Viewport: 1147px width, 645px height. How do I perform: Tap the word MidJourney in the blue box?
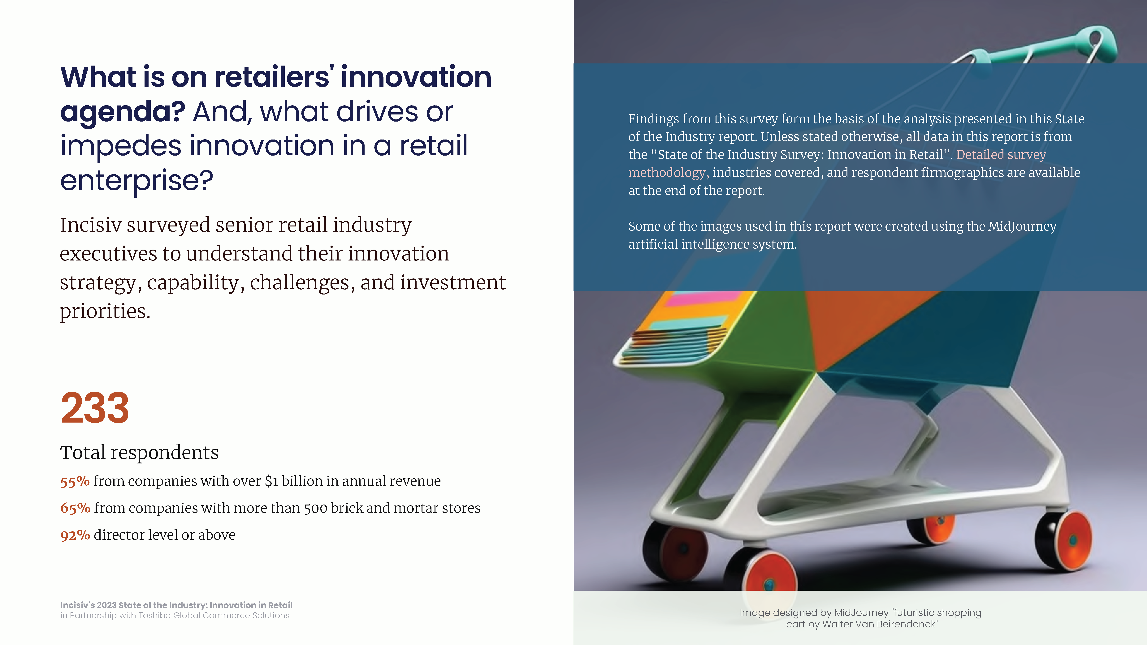point(1022,226)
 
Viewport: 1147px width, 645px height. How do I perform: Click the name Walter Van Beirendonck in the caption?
point(879,624)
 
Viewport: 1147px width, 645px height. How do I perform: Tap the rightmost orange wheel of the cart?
point(1071,540)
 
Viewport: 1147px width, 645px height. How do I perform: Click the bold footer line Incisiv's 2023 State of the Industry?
point(176,605)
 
